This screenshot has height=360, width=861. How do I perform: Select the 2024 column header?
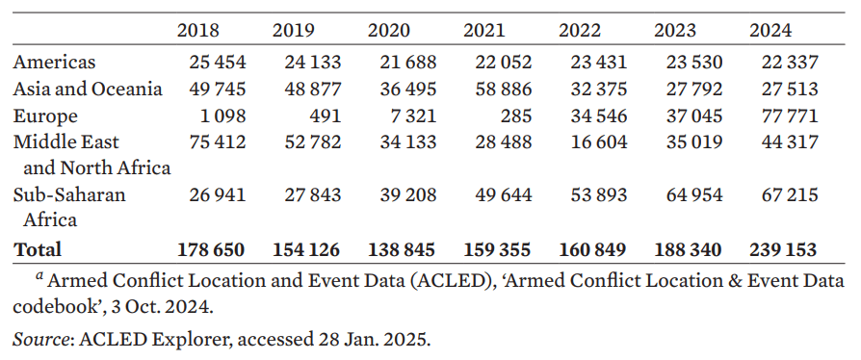tap(770, 30)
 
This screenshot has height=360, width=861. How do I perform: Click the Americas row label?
tap(54, 63)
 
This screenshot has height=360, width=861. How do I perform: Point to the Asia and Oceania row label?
tap(88, 90)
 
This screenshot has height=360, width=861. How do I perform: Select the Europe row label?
tap(45, 116)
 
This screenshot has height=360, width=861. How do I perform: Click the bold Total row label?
tap(38, 249)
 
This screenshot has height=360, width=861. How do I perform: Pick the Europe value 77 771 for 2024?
tap(785, 116)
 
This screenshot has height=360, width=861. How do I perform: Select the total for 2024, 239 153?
tap(783, 249)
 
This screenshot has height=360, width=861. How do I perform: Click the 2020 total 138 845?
tap(402, 249)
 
